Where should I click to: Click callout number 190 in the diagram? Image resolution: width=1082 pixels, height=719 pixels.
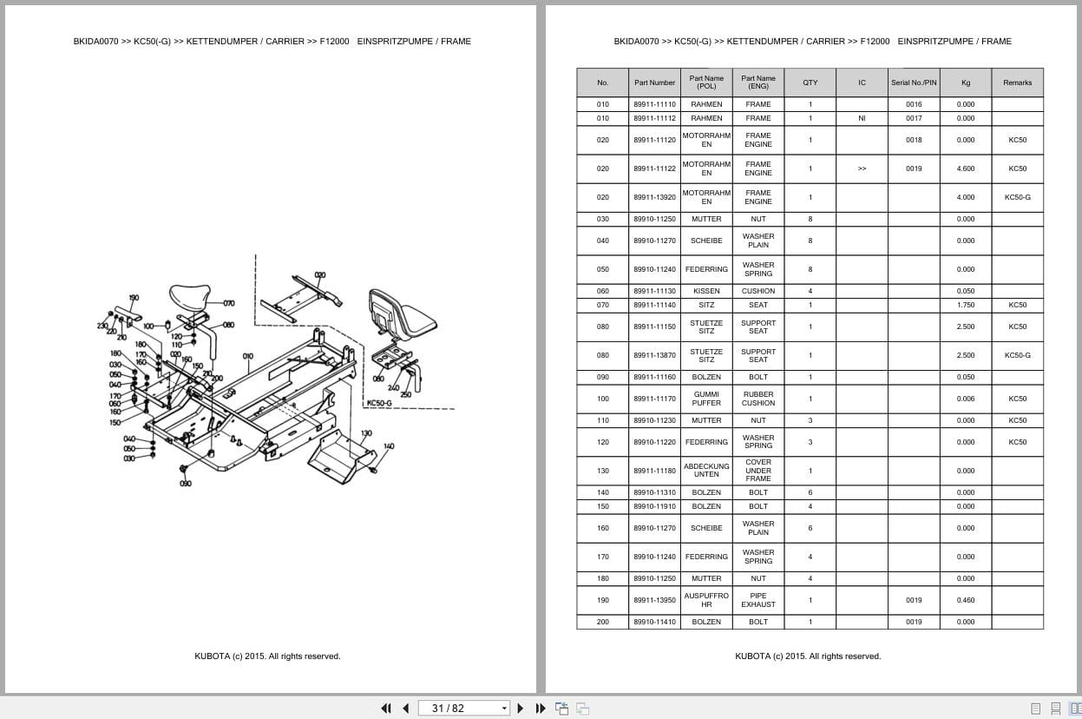coord(134,298)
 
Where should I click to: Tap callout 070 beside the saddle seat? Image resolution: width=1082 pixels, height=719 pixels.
coord(228,304)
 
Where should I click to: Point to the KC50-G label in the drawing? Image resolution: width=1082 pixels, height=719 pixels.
coord(379,403)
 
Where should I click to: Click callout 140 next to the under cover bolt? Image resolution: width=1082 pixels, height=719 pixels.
coord(388,446)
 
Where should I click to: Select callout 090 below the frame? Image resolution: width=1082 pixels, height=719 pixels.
coord(185,484)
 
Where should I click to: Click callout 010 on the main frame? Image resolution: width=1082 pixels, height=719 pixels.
coord(248,356)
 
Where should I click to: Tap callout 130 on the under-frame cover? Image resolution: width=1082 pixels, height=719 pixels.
coord(366,432)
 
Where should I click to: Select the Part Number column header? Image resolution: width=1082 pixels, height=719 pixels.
coord(654,83)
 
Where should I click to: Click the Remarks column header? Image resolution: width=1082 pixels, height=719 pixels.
coord(1017,83)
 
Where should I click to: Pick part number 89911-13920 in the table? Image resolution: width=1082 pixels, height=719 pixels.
coord(654,197)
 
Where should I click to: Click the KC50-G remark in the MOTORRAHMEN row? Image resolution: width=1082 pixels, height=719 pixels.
coord(1017,197)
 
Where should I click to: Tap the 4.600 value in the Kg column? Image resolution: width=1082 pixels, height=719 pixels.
coord(965,168)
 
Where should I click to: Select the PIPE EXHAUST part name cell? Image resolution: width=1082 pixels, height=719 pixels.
coord(757,600)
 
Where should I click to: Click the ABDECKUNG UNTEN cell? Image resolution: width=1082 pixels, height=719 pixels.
coord(706,471)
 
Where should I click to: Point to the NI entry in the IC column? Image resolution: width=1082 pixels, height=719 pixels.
coord(862,118)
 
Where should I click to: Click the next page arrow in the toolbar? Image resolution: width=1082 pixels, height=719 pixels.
coord(521,708)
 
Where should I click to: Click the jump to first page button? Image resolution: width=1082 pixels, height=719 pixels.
coord(386,708)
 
